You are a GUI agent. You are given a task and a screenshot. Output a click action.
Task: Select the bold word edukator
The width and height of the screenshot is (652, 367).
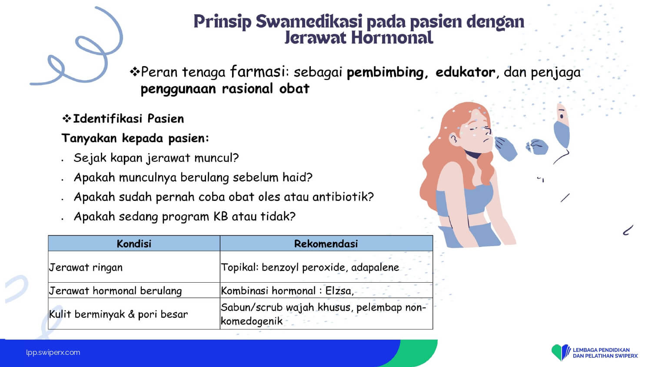pyautogui.click(x=465, y=72)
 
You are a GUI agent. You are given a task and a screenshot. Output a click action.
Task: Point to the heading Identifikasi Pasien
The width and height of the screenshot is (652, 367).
pyautogui.click(x=128, y=119)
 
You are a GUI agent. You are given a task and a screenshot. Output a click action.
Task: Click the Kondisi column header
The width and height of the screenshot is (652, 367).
pyautogui.click(x=134, y=244)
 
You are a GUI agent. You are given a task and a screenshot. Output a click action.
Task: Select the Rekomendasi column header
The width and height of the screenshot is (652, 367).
pyautogui.click(x=326, y=244)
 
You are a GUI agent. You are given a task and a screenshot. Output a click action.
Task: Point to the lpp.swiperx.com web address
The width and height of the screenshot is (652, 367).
pyautogui.click(x=53, y=353)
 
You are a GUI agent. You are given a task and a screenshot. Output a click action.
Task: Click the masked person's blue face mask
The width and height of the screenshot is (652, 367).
pyautogui.click(x=561, y=134)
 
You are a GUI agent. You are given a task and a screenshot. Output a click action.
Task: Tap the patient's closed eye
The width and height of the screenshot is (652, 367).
pyautogui.click(x=473, y=129)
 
